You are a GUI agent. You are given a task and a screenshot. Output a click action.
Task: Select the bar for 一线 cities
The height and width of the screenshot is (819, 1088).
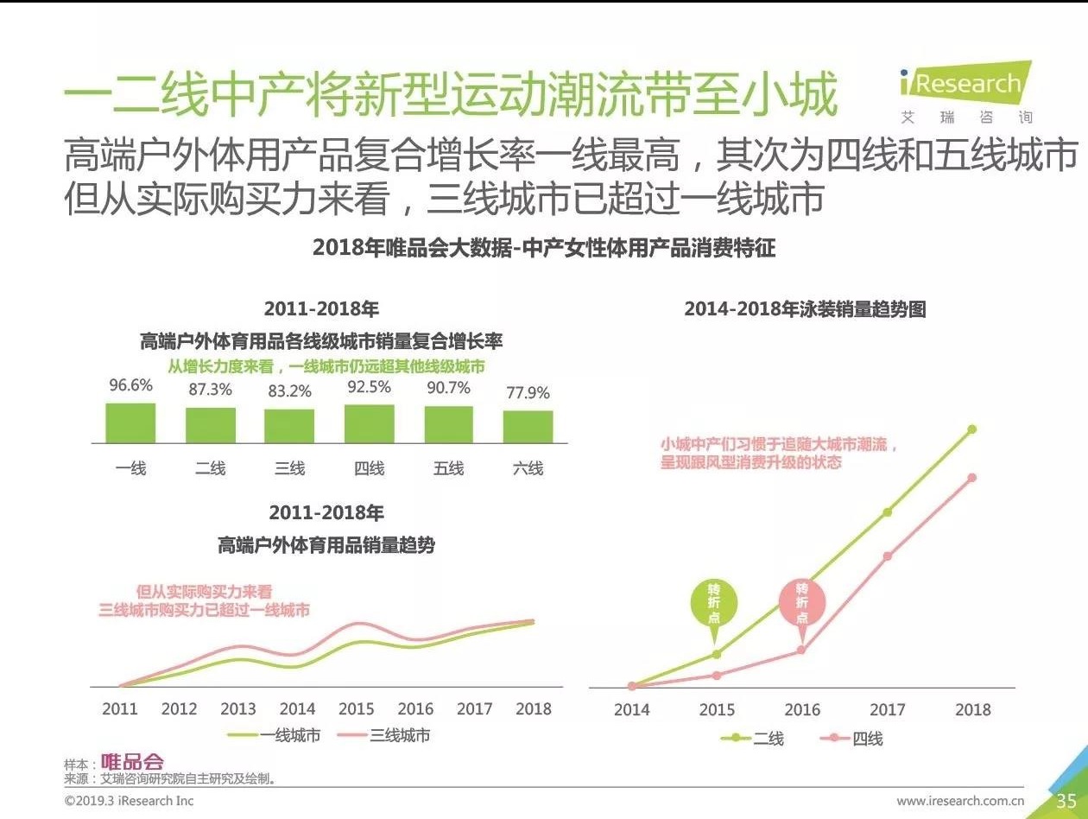pos(130,423)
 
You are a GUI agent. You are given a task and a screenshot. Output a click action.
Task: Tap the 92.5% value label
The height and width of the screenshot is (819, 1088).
pos(369,387)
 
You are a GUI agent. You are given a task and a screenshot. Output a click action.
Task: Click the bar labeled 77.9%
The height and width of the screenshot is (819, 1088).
pos(528,427)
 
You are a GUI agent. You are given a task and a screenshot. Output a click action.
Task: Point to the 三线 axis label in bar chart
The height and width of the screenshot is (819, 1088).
pos(289,468)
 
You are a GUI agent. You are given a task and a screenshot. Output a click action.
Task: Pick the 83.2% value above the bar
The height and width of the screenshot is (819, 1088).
pos(289,390)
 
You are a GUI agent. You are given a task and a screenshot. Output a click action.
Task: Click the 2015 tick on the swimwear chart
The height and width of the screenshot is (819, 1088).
pos(717,709)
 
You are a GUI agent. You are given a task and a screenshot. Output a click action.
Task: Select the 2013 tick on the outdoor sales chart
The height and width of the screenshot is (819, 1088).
pos(238,708)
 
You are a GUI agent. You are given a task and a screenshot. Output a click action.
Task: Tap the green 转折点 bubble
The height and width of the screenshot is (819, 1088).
pos(716,605)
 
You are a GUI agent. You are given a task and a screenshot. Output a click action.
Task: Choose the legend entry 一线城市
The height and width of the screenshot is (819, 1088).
pos(274,736)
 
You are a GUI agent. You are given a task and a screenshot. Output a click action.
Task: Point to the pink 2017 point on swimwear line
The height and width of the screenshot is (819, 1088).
pos(887,556)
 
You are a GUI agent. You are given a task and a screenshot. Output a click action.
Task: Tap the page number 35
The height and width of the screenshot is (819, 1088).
pos(1066,801)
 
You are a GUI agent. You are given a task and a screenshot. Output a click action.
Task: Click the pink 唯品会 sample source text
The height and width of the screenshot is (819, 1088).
pos(132,762)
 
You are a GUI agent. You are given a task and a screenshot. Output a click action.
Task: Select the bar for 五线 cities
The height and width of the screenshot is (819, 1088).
pos(448,424)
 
